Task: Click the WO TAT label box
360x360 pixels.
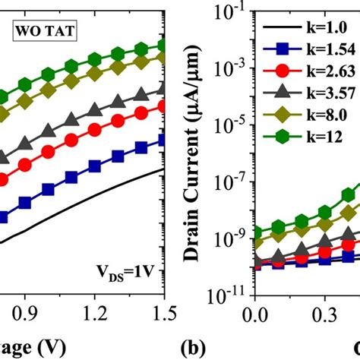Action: pos(36,33)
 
